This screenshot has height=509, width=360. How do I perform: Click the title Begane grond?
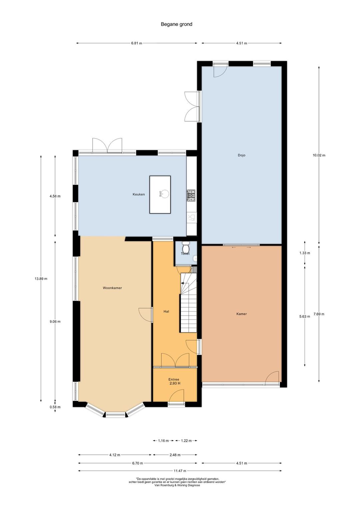tap(176, 24)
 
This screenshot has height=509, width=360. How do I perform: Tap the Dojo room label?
tap(242, 156)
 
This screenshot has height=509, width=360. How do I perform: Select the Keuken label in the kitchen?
tap(139, 194)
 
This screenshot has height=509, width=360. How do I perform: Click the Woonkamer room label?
tap(112, 288)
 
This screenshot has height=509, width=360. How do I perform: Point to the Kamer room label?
tap(242, 314)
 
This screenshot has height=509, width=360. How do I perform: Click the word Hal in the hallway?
tap(166, 311)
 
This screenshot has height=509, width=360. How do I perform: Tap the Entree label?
tap(174, 379)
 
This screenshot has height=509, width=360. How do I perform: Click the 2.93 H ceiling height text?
tap(175, 383)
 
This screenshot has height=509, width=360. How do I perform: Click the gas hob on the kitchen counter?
tap(191, 196)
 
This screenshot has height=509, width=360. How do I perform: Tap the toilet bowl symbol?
tap(186, 246)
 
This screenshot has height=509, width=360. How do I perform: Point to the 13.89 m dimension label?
tap(41, 278)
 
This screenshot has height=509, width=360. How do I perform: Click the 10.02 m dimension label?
tap(319, 156)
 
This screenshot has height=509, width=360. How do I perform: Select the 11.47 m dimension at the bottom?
tap(180, 471)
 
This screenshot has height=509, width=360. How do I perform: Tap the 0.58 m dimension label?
tap(55, 407)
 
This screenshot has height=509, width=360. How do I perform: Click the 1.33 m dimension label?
tap(305, 253)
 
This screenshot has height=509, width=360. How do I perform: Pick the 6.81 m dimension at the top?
tap(136, 43)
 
